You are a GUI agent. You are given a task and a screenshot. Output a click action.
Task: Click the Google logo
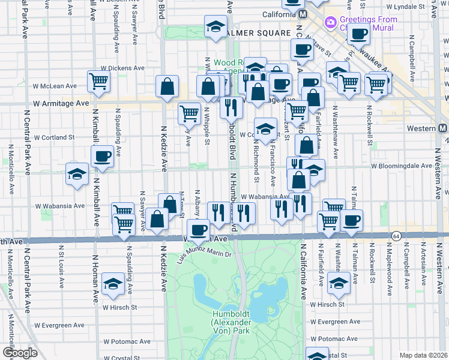[20, 353]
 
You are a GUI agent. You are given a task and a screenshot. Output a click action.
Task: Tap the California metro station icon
[303, 14]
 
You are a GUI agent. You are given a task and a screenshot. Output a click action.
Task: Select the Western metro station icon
[443, 128]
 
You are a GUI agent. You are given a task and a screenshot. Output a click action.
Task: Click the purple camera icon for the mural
[330, 23]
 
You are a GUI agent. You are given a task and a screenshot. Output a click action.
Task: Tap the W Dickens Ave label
[122, 68]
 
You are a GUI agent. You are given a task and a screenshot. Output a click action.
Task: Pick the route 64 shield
[396, 235]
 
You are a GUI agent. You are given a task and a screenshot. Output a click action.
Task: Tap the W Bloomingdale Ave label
[402, 166]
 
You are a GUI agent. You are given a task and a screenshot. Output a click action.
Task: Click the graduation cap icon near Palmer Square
[215, 26]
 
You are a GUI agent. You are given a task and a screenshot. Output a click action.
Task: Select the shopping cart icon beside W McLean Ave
[98, 81]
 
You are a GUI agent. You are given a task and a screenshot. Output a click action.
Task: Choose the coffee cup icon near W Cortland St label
[102, 157]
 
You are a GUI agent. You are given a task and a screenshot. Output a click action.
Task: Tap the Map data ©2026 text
[424, 355]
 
